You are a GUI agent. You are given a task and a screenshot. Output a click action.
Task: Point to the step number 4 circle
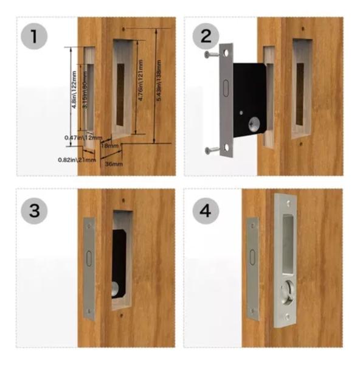pos(206,210)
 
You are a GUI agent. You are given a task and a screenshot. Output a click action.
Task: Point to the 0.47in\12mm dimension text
pos(78,138)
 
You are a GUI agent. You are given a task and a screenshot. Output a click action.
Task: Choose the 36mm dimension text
pos(114,164)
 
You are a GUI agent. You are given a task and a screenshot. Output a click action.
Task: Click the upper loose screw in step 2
pos(212,55)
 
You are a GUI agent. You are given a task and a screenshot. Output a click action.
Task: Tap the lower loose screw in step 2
pos(212,150)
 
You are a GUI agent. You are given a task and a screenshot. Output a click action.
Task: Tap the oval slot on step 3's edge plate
pos(89,259)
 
